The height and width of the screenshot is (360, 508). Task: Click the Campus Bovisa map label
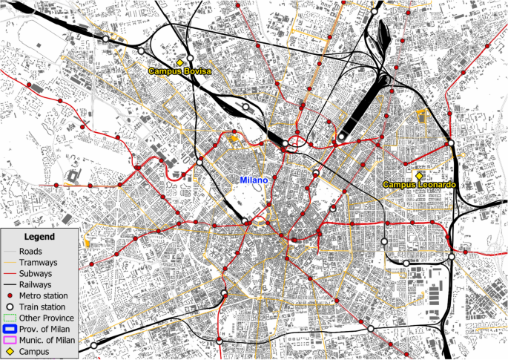click(179, 71)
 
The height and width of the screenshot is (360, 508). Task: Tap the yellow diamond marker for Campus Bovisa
click(179, 62)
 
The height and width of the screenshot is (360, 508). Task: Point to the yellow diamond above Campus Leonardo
click(419, 174)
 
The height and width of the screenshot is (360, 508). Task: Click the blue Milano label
click(253, 180)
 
